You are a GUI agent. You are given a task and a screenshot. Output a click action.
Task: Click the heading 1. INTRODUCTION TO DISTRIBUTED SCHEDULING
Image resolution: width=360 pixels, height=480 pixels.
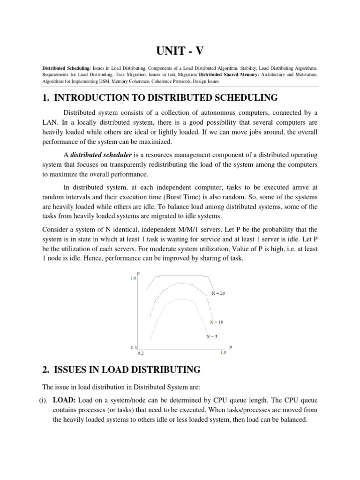pos(160,98)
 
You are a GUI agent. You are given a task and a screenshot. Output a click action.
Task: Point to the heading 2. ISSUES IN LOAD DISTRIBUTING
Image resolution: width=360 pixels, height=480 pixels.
pos(121,370)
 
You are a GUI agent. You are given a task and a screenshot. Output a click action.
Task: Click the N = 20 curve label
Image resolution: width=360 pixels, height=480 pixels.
pos(218,293)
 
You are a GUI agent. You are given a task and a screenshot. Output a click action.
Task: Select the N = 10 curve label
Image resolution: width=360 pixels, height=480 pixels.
pos(217,322)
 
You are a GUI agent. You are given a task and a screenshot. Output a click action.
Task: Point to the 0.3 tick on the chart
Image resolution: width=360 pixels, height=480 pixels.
pos(133,347)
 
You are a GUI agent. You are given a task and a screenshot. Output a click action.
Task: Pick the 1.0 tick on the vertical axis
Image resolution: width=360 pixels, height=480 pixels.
pos(133,278)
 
